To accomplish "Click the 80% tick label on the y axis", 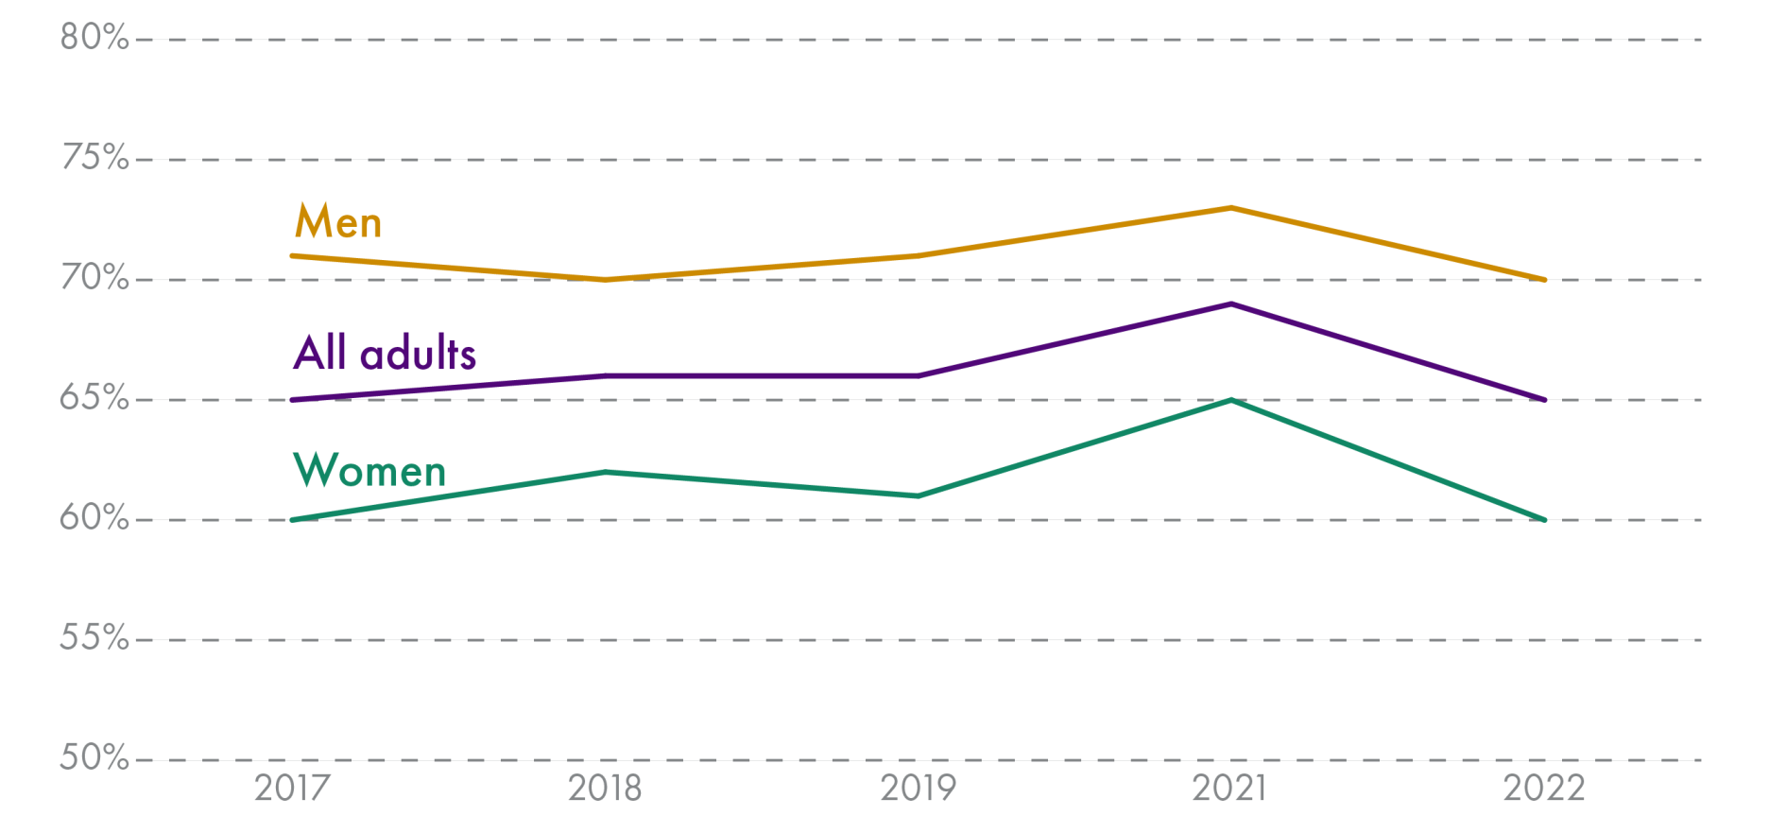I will [94, 37].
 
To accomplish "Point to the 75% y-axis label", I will [94, 157].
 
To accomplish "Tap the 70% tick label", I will [94, 277].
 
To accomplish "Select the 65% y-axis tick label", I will [94, 397].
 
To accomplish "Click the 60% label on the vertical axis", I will [94, 517].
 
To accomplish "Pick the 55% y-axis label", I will [94, 637].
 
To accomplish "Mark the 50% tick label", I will [94, 757].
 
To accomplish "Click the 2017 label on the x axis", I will [292, 788].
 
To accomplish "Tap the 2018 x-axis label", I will [605, 788].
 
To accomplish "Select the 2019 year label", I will [918, 788].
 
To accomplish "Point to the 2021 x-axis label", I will [1229, 788].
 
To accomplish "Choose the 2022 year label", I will [1544, 788].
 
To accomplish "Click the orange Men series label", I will [338, 222].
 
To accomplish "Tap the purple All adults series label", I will [385, 353].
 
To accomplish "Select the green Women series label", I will [369, 470].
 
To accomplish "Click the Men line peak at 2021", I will [1230, 208].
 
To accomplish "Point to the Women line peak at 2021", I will [1230, 400].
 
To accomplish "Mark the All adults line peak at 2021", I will [1230, 304].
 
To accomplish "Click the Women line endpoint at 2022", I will [1544, 520].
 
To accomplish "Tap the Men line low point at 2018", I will [605, 280].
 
